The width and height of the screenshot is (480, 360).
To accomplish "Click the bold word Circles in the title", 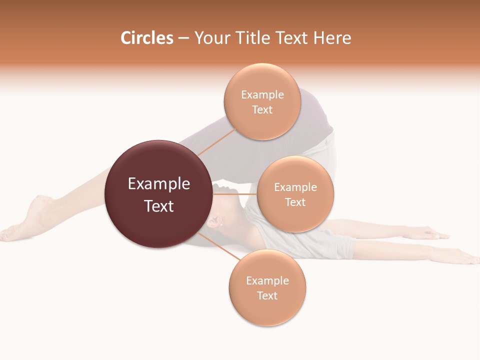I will click(147, 38).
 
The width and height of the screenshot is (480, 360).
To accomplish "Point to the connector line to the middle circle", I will click(235, 194).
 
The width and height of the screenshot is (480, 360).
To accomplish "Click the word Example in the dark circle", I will click(158, 184).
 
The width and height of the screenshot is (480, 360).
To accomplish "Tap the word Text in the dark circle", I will click(158, 206).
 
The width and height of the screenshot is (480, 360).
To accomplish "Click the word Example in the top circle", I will click(262, 94).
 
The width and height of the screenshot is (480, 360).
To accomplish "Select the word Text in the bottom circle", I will click(267, 295).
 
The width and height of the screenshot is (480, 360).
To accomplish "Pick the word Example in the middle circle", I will click(295, 187).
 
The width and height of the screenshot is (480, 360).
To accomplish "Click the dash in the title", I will click(183, 38).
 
